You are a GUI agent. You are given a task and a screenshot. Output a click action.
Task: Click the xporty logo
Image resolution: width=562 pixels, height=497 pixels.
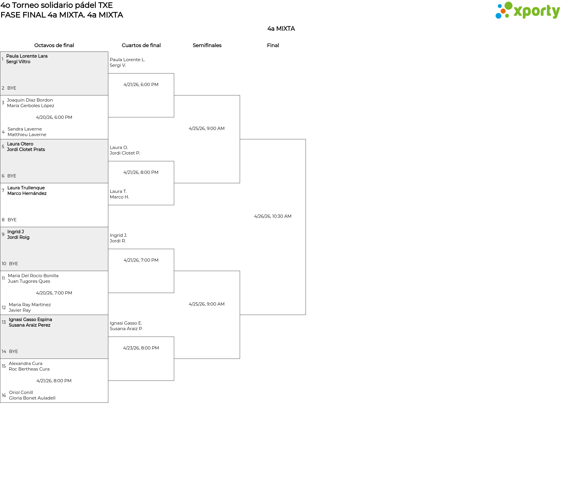point(527,11)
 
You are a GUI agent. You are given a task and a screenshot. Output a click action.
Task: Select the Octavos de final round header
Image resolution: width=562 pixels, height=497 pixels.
point(54,45)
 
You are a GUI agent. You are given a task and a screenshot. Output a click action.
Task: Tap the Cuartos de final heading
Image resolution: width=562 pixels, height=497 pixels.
point(141,45)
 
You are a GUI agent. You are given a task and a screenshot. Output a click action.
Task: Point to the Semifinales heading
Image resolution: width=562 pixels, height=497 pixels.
point(207,45)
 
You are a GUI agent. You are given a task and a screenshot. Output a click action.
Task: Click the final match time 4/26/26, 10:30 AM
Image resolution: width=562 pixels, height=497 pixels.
point(273,216)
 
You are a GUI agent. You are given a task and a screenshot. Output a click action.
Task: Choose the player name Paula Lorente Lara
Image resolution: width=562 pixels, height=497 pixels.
point(27,56)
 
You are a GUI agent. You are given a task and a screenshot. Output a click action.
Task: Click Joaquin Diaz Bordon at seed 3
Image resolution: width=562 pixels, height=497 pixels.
point(30,100)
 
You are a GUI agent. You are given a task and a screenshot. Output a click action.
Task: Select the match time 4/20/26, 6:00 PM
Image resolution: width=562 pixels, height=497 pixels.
point(54,117)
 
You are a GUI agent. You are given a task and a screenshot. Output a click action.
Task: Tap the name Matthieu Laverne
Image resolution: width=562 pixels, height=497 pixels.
point(27,135)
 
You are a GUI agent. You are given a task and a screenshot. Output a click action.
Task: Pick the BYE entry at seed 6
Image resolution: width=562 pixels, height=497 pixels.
point(12,176)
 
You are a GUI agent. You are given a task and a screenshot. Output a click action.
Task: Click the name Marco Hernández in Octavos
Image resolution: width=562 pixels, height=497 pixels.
point(27,193)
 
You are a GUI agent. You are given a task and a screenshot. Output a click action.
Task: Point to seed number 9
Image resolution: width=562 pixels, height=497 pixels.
point(3,234)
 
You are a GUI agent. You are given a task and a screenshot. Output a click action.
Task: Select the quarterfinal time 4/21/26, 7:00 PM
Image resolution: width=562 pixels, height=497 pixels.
point(141,260)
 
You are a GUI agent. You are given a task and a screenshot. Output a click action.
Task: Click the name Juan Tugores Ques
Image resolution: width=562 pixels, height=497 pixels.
point(29,281)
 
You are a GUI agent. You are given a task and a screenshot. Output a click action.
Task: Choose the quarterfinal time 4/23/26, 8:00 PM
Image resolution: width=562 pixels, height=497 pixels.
point(141,348)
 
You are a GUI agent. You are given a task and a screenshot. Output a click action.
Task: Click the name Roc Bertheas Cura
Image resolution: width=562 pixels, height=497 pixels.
point(29,369)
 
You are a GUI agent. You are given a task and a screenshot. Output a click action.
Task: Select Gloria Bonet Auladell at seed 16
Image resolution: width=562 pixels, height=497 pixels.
point(32,398)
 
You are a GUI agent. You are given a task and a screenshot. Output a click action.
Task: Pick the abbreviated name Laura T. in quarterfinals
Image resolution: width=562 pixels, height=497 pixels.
point(118,191)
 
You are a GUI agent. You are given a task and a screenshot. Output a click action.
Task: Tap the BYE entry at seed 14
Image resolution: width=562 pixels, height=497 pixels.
point(13,352)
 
